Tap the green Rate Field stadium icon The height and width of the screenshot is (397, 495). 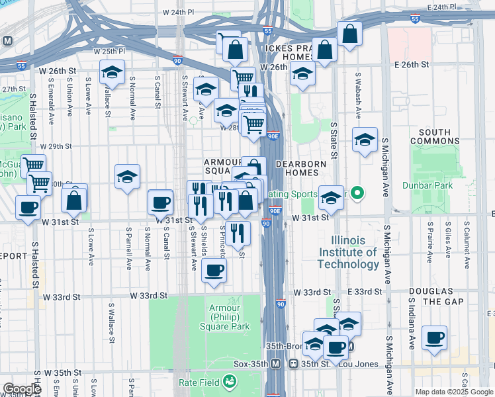(x=230, y=382)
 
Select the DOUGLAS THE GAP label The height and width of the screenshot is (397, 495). (x=430, y=296)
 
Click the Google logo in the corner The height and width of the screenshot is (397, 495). (x=21, y=388)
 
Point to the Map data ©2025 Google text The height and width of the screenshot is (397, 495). (x=454, y=392)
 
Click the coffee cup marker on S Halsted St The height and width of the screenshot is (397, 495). (x=28, y=207)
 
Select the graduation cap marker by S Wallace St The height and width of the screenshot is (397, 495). (x=112, y=72)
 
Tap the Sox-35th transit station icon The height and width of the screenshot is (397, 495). (x=292, y=364)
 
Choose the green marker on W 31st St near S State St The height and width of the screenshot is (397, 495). (x=357, y=194)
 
